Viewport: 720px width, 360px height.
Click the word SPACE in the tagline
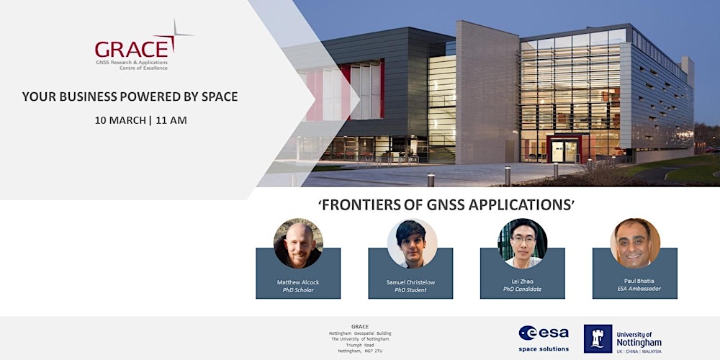click(x=213, y=96)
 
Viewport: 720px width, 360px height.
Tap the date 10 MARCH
click(x=118, y=120)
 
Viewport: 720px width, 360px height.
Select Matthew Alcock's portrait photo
click(x=298, y=243)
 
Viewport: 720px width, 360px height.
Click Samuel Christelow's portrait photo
click(x=412, y=243)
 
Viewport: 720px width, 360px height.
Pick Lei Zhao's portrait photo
click(x=523, y=243)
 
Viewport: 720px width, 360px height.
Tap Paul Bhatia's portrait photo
click(x=635, y=243)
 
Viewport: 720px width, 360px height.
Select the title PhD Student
click(x=410, y=289)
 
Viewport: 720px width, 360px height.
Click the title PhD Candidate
click(x=523, y=289)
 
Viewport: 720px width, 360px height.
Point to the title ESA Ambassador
click(x=635, y=289)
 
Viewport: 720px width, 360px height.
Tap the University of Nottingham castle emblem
click(x=598, y=338)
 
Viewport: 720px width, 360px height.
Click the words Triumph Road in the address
click(x=360, y=345)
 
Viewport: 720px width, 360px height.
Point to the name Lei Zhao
click(x=523, y=281)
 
